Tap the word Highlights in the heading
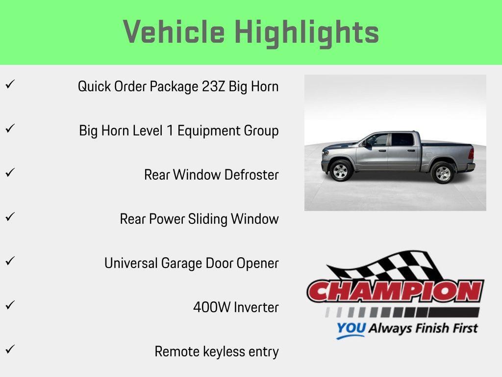(x=306, y=32)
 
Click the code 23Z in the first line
(x=214, y=86)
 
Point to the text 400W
(x=212, y=307)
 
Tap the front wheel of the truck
(x=340, y=171)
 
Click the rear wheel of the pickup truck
(x=443, y=172)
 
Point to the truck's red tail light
(x=471, y=153)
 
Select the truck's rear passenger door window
(x=402, y=139)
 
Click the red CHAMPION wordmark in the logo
(x=395, y=292)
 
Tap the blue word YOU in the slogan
(x=351, y=329)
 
